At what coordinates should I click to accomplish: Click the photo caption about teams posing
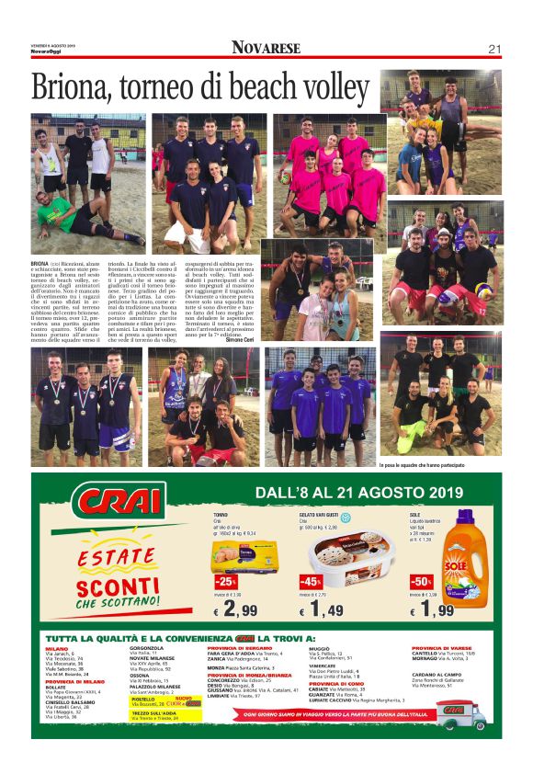[x=422, y=465]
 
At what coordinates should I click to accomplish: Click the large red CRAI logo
[x=120, y=505]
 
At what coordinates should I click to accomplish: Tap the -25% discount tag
[x=225, y=582]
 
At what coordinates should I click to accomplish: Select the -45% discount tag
[x=311, y=582]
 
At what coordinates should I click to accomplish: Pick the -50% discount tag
[x=421, y=582]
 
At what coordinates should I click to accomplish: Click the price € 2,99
[x=236, y=609]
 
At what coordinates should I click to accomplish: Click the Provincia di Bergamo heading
[x=241, y=647]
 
